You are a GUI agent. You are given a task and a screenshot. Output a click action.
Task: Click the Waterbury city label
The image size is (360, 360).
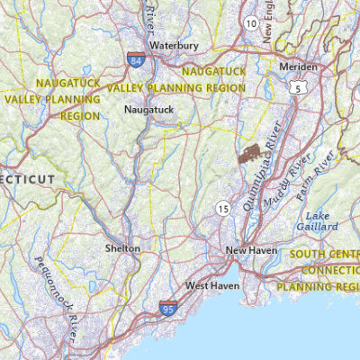click(x=174, y=44)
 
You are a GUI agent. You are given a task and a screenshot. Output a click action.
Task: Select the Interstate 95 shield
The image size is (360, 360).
click(x=168, y=309)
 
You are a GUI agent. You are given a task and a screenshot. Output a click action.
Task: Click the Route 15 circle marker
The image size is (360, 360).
click(x=221, y=209)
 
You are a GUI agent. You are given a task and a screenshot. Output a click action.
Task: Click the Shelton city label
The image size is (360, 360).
click(x=122, y=247)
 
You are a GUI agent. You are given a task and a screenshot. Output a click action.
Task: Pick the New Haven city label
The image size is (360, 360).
click(x=249, y=250)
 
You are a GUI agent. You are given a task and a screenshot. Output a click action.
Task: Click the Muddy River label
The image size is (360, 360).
click(x=287, y=180)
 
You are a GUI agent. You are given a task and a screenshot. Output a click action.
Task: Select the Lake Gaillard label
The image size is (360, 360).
click(x=321, y=221)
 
